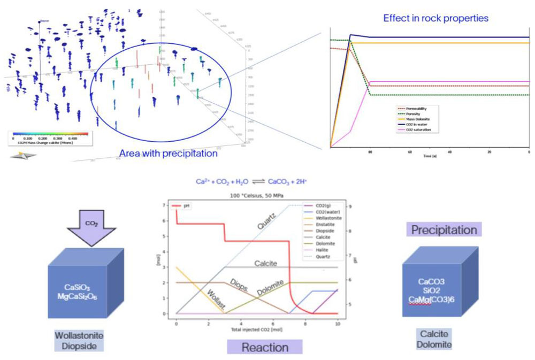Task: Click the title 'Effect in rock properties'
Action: click(435, 18)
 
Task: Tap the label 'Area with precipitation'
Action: click(168, 154)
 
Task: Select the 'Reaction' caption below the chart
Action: click(265, 347)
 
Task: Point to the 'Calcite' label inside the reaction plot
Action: click(265, 263)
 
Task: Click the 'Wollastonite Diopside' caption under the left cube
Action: click(79, 340)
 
